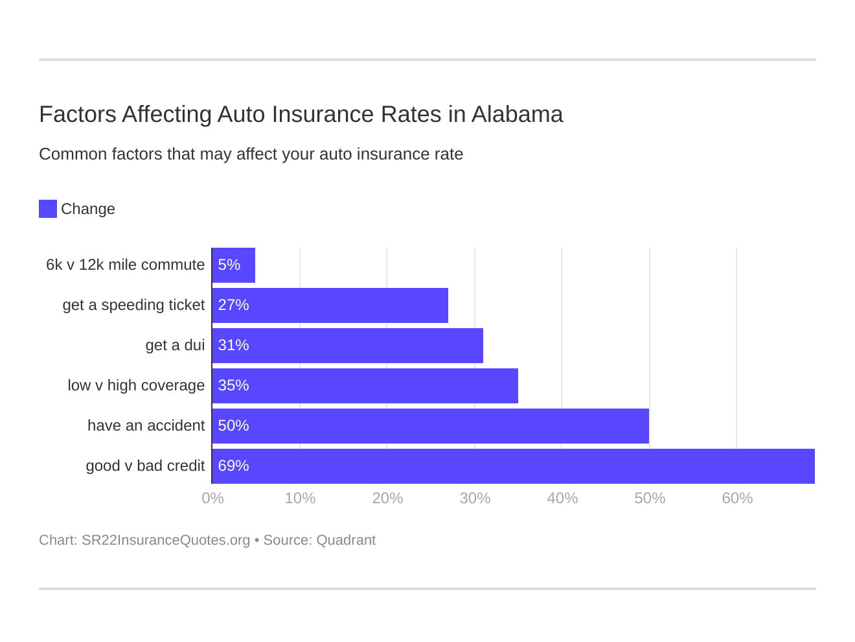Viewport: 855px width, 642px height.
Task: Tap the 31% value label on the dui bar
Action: click(233, 346)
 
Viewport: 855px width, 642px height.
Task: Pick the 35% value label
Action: click(233, 386)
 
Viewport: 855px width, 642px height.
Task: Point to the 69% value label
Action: click(233, 466)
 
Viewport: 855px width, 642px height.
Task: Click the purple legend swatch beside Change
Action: click(48, 209)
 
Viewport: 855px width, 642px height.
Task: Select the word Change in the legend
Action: click(88, 209)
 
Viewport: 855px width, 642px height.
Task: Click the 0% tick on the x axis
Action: click(212, 498)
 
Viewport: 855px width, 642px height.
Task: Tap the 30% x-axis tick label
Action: click(475, 498)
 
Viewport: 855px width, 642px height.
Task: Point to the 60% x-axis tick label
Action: click(737, 498)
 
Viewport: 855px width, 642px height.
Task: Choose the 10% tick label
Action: click(300, 498)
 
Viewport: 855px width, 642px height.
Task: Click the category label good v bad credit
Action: click(145, 466)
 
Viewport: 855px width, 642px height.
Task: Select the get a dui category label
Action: click(175, 346)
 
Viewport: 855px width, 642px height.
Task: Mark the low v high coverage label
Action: click(136, 386)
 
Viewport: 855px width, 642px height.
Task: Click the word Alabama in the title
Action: click(517, 114)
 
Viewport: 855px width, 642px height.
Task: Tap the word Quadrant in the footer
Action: click(346, 540)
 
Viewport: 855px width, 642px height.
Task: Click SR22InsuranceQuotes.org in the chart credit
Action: click(166, 540)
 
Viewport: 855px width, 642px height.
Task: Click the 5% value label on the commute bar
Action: click(229, 265)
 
